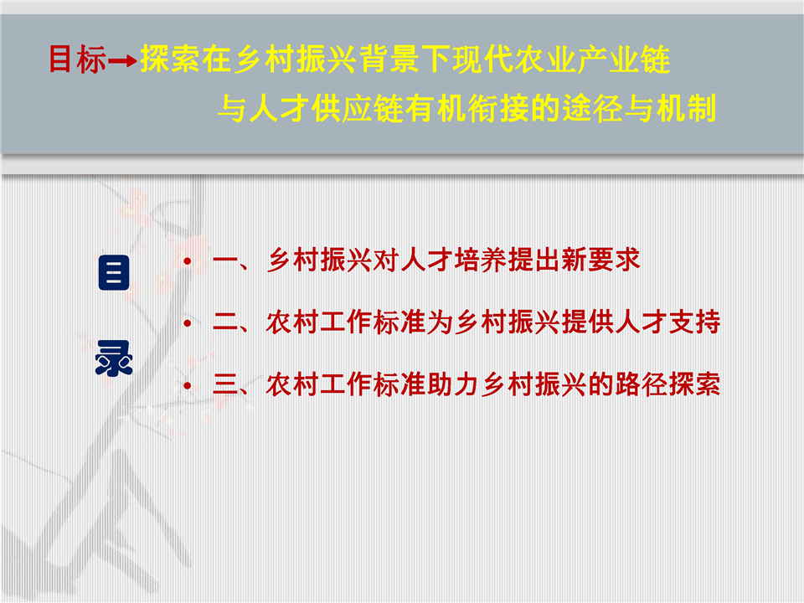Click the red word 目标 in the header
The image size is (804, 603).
pyautogui.click(x=77, y=59)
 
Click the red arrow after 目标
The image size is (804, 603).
pyautogui.click(x=122, y=61)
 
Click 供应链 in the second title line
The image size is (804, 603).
pyautogui.click(x=357, y=108)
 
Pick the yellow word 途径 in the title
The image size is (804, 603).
pyautogui.click(x=592, y=108)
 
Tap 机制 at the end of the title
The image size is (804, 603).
pyautogui.click(x=686, y=108)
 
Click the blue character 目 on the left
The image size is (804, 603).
pyautogui.click(x=114, y=272)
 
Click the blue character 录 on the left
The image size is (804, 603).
pyautogui.click(x=114, y=358)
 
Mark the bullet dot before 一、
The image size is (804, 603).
pyautogui.click(x=188, y=261)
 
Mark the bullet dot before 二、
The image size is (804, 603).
pyautogui.click(x=188, y=323)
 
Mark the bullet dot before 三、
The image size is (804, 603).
pyautogui.click(x=188, y=385)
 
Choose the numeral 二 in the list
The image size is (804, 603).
pyautogui.click(x=226, y=323)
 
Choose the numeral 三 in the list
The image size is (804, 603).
pyautogui.click(x=226, y=385)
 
